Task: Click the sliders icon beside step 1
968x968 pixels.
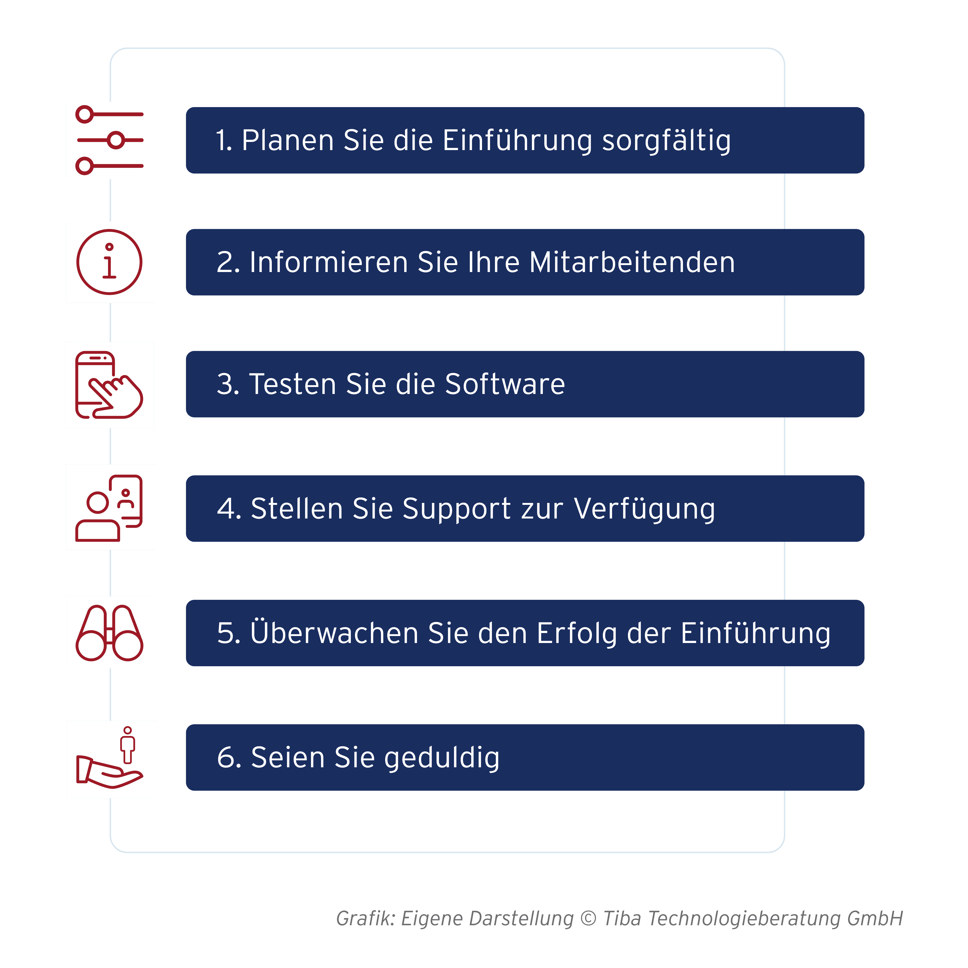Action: pos(110,140)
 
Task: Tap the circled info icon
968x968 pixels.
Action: pos(109,262)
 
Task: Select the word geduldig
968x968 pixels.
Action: pos(442,758)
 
